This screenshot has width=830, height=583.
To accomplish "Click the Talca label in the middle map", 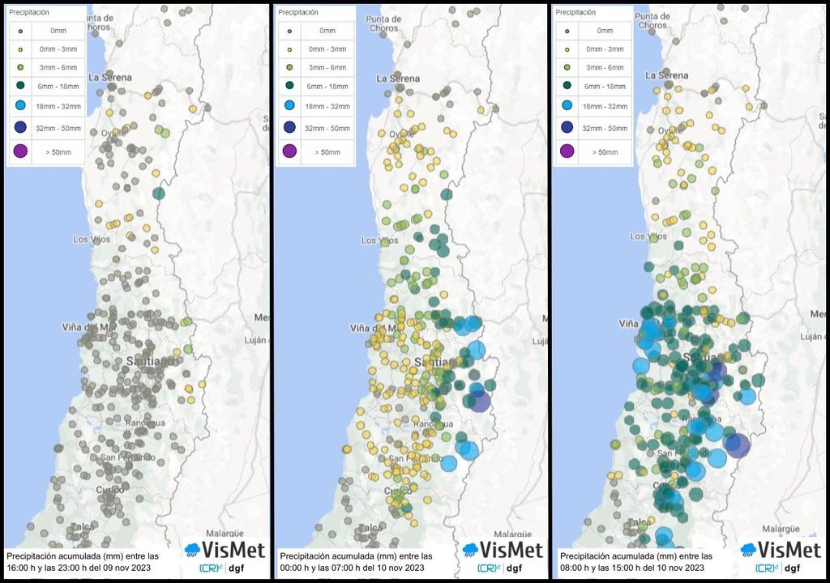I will [370, 527].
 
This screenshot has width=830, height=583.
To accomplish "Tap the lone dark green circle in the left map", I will [158, 193].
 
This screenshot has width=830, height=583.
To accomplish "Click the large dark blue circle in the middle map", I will [480, 401].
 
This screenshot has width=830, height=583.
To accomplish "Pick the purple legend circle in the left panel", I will [20, 151].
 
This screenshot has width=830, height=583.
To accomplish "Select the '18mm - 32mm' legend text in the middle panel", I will [327, 106].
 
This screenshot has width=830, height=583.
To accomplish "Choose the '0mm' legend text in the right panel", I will [604, 30].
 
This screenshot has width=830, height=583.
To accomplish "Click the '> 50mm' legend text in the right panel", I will [604, 151].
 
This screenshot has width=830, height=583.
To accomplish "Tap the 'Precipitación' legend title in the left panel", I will [28, 13].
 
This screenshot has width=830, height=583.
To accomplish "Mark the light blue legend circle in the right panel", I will [567, 106].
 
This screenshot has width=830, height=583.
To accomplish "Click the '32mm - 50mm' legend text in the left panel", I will [58, 127].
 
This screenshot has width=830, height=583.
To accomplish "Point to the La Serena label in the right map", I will [666, 74].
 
